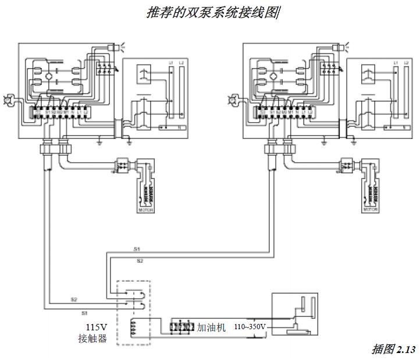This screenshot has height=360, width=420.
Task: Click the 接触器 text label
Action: click(x=94, y=338)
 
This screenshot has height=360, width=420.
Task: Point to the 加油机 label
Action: click(x=212, y=327)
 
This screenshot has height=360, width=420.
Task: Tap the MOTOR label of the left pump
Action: click(x=146, y=210)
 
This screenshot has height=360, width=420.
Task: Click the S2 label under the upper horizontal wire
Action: click(x=140, y=262)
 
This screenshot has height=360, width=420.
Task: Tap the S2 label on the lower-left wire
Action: click(x=74, y=300)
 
